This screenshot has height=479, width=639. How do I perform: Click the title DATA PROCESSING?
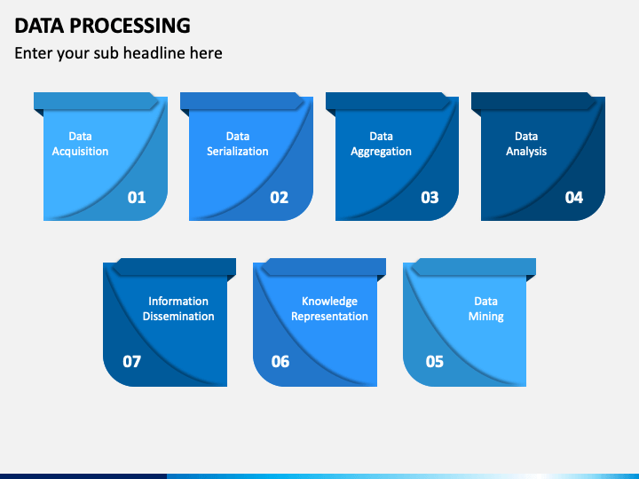(102, 26)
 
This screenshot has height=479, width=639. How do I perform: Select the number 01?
(137, 198)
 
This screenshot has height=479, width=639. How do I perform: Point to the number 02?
(280, 198)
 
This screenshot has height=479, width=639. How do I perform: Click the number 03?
(430, 198)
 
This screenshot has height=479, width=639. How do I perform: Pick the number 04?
(574, 198)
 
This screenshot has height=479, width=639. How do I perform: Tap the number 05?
(434, 361)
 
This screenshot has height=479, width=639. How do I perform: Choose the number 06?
(280, 361)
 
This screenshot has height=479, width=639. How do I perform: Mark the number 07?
(131, 361)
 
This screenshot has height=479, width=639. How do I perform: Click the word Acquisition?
(80, 152)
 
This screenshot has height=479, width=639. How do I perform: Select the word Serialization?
(238, 151)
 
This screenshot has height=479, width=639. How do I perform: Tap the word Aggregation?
(381, 152)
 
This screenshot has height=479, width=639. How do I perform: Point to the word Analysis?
(526, 152)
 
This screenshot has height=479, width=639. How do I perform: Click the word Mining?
(485, 317)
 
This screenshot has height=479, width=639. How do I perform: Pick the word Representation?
(329, 317)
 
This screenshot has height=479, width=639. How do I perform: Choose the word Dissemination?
(178, 316)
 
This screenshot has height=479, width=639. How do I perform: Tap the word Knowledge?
(329, 302)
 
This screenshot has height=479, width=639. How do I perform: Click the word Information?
(178, 301)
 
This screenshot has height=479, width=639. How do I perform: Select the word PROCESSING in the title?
(130, 26)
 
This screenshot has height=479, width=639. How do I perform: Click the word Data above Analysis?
(526, 136)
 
